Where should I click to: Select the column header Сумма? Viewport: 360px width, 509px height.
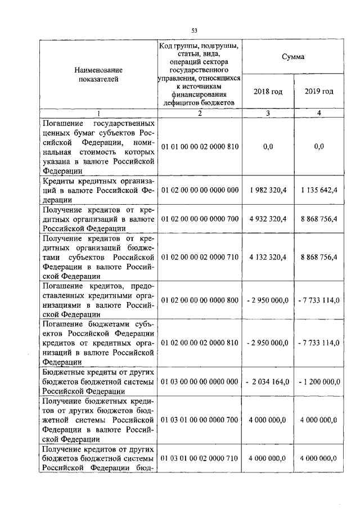coord(293,57)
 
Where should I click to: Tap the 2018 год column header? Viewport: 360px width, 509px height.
coord(268,91)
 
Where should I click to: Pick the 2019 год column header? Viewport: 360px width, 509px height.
coord(319,91)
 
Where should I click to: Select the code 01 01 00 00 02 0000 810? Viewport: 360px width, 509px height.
coord(200,147)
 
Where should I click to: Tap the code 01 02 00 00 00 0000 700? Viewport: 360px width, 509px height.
coord(200,219)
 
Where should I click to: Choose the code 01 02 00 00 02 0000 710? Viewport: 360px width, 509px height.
coord(200,256)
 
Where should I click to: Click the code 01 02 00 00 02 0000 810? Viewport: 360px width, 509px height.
coord(200,343)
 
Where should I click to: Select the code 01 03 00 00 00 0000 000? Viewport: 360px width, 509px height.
coord(200,382)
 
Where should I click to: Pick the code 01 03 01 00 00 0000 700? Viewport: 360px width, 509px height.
coord(200,420)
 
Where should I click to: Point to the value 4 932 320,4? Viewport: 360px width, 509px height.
coord(268,219)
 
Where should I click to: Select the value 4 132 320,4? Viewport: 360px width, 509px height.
coord(268,256)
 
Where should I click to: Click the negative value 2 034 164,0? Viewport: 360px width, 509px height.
coord(268,382)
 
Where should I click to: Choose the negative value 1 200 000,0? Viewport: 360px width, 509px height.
coord(319,382)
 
